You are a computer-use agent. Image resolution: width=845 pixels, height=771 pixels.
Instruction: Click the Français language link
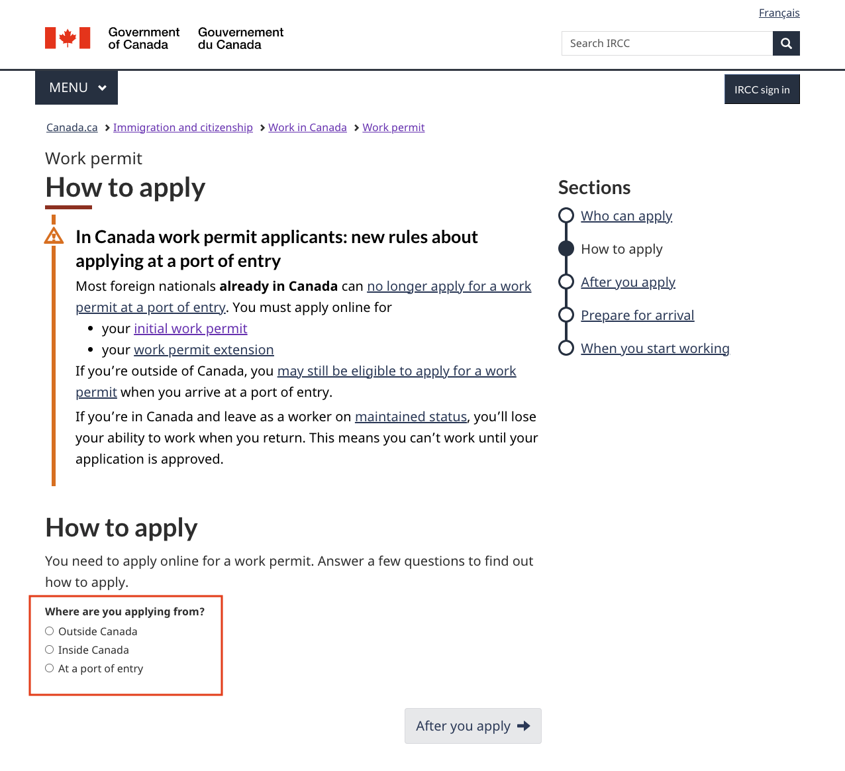pos(779,13)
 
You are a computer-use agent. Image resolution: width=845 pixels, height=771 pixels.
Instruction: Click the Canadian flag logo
pos(68,38)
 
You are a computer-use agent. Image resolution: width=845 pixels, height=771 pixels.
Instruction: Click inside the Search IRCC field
pos(666,44)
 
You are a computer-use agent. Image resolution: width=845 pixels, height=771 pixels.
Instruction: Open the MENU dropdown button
pos(77,88)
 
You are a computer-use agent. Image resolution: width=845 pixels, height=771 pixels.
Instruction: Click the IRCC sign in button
pos(762,89)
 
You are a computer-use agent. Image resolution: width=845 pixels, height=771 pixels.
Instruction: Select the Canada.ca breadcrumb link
pos(72,128)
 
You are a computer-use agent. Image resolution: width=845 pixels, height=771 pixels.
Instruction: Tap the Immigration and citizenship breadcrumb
pos(183,128)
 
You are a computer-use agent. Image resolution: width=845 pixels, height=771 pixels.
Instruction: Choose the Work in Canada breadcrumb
pos(307,128)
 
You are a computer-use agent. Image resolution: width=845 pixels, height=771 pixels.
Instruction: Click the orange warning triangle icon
pos(54,236)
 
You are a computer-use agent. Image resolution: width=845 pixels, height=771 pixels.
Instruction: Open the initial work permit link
pos(190,329)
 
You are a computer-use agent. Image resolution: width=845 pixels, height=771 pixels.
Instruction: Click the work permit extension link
pos(203,350)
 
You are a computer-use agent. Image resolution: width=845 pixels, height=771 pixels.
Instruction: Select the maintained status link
pos(411,417)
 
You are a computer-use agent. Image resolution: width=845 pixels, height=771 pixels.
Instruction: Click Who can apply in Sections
pos(626,217)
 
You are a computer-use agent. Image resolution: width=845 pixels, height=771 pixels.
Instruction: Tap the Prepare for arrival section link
pos(637,316)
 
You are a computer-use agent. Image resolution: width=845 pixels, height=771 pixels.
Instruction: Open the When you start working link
pos(654,349)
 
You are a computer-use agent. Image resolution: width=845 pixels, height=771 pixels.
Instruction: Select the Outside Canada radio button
pos(50,631)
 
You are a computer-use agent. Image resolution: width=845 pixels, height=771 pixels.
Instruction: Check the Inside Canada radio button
pos(50,650)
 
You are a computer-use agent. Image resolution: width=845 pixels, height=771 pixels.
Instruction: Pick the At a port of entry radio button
pos(50,668)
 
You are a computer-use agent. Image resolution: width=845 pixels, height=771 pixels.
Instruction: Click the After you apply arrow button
pos(473,726)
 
